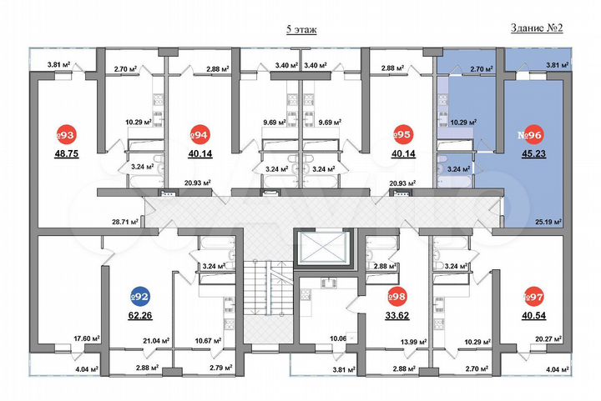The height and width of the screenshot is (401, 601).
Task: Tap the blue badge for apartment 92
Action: pos(140,296)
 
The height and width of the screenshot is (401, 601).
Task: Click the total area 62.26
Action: pos(140,315)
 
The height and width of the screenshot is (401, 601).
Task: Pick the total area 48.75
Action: pos(68,154)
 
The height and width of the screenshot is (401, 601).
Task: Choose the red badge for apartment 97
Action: pos(528,296)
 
